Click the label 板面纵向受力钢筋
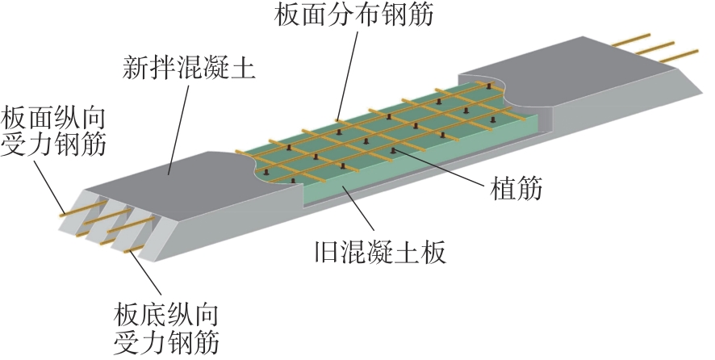(x=55, y=132)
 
